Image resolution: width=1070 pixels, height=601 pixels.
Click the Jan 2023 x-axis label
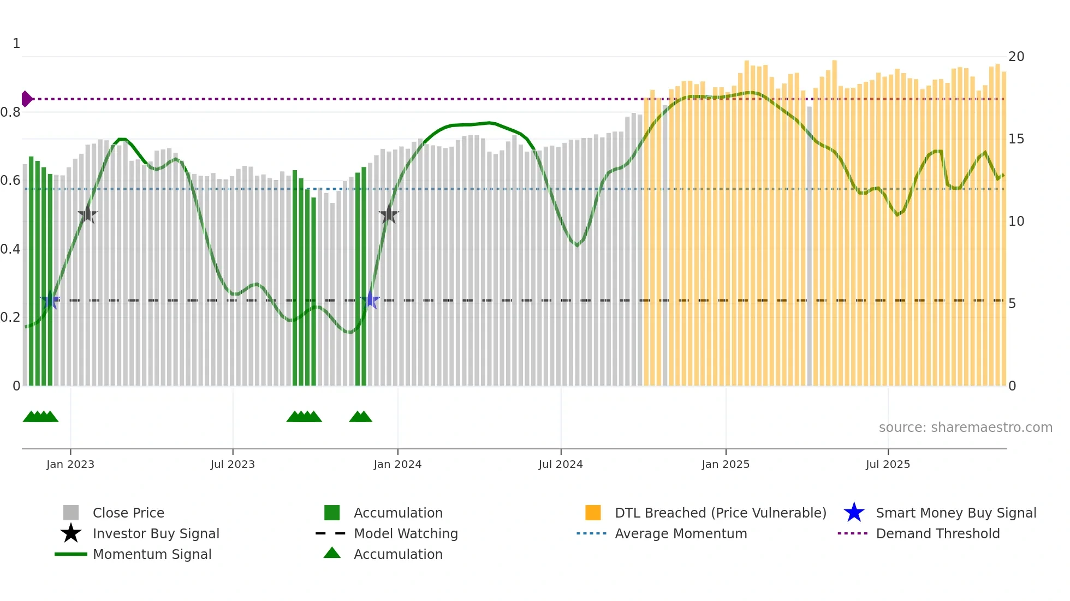point(70,464)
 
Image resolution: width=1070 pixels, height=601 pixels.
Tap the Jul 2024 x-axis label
point(561,464)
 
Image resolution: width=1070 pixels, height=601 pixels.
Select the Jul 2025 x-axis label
point(888,464)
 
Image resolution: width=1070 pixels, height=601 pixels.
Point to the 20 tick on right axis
point(1016,57)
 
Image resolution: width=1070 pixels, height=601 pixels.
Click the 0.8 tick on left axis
point(10,112)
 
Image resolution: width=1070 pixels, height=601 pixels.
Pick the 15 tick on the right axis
point(1016,139)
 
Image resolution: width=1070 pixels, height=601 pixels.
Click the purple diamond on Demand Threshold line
point(26,99)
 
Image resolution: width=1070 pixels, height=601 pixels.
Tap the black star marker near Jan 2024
point(389,215)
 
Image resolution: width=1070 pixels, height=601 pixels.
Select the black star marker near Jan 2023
point(87,215)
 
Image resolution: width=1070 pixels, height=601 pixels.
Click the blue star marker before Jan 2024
point(370,300)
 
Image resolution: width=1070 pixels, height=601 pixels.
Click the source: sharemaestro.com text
point(965,427)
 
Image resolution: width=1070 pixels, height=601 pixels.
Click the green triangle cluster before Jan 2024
point(360,417)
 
